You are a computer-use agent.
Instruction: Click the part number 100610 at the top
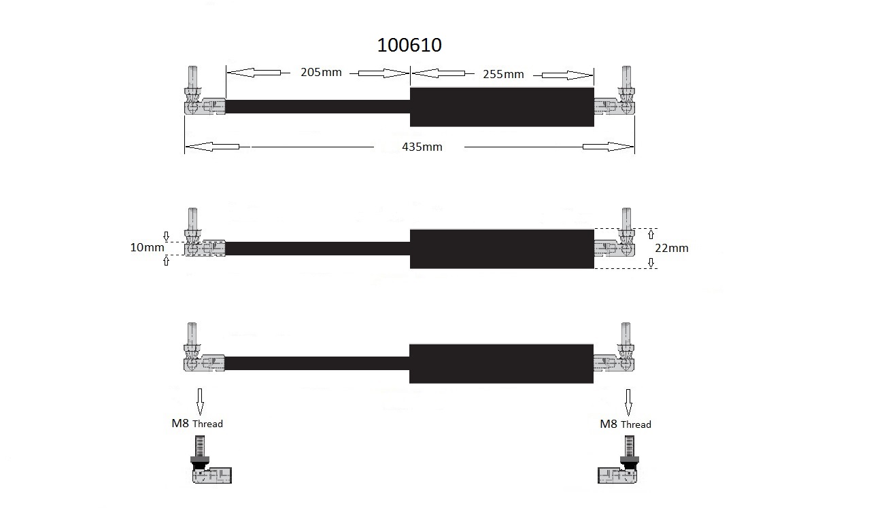point(409,45)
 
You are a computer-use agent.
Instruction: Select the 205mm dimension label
point(321,72)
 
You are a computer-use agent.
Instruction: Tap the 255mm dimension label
point(503,74)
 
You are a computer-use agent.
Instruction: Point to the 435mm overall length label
point(422,147)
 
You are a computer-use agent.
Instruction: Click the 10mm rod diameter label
point(147,247)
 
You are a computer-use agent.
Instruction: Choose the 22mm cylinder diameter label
point(672,248)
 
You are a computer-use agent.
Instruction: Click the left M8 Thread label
point(197,423)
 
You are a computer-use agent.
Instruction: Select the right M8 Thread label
point(626,424)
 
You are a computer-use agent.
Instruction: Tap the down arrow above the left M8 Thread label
point(200,401)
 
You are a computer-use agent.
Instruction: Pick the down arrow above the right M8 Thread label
point(628,402)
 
